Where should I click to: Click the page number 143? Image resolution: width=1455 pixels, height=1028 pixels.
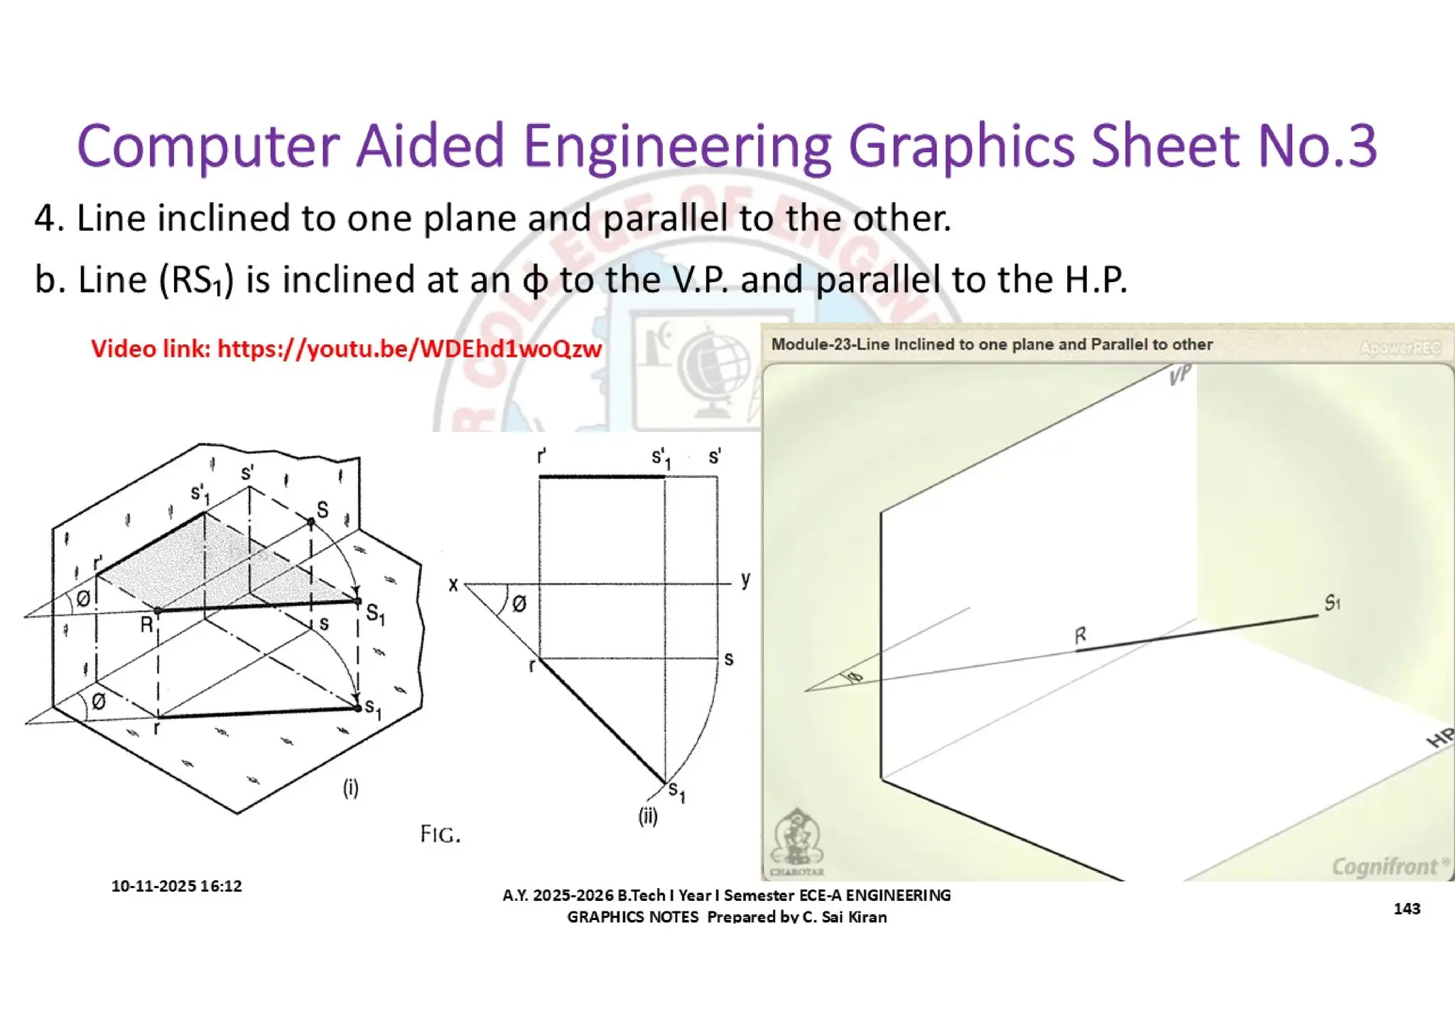(x=1407, y=909)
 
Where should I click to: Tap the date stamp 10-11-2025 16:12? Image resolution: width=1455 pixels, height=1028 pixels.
(x=176, y=886)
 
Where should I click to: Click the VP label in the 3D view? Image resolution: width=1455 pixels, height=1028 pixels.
(x=1180, y=375)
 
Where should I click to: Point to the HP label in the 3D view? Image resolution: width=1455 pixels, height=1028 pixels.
(x=1439, y=738)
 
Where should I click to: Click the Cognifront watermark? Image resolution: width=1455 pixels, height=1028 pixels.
(x=1386, y=866)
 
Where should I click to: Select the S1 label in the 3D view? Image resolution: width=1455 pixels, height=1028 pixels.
(x=1332, y=603)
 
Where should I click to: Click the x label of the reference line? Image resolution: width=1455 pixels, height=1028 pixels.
(x=453, y=585)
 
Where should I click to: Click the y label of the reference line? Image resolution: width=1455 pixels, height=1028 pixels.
(x=745, y=579)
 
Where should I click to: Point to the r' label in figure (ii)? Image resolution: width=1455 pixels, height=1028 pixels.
(x=541, y=456)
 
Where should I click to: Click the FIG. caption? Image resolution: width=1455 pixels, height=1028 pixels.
(x=440, y=834)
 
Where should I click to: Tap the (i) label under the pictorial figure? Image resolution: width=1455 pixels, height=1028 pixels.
(x=351, y=788)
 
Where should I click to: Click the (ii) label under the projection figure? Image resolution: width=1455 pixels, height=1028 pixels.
(x=648, y=816)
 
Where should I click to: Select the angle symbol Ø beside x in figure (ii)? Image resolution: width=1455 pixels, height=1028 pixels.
(x=519, y=604)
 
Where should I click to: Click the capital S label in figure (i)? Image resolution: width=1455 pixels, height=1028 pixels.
(x=323, y=509)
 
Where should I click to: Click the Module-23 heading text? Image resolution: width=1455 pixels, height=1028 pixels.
(x=992, y=345)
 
